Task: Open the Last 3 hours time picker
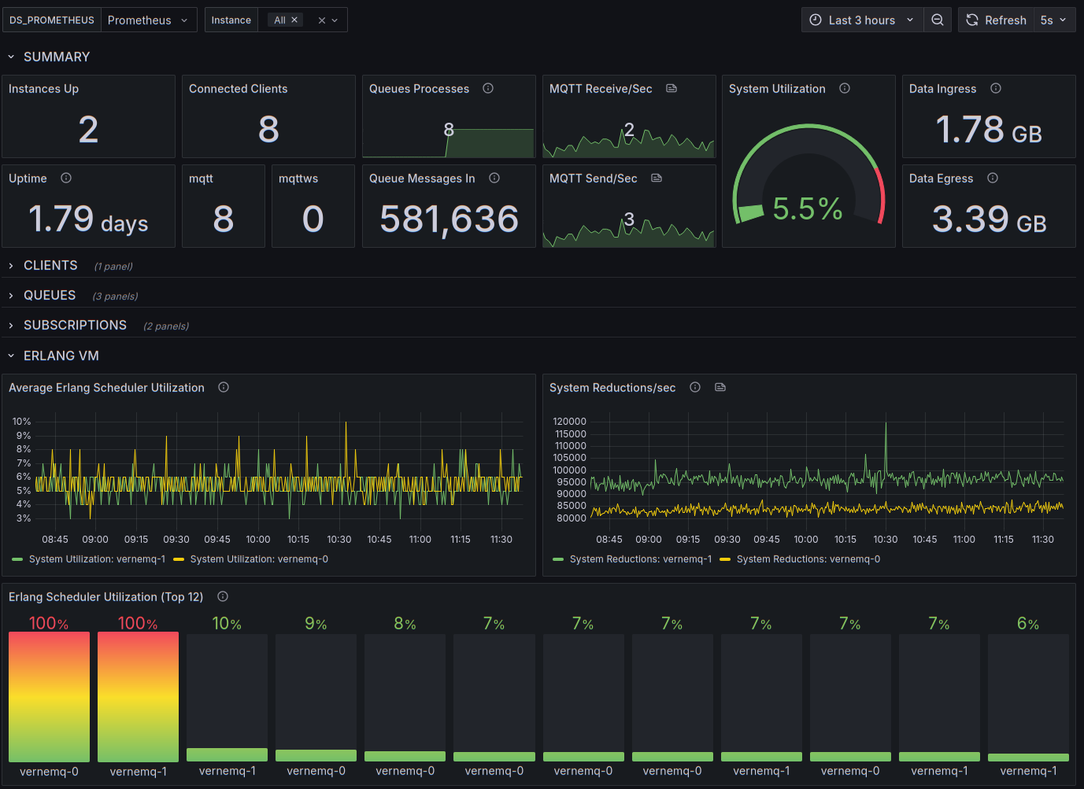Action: tap(862, 20)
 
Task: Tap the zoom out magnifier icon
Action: tap(938, 20)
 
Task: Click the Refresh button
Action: tap(996, 20)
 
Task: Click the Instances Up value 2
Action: tap(88, 130)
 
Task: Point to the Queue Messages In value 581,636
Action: tap(449, 219)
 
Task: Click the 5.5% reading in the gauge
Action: tap(808, 209)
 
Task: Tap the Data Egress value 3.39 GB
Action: tap(990, 219)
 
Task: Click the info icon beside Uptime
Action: tap(66, 178)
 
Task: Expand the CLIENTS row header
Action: tap(50, 265)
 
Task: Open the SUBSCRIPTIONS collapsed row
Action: tap(75, 325)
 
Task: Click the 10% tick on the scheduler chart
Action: tap(22, 421)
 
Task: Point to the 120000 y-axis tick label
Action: tap(570, 421)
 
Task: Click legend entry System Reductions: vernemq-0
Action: tap(801, 559)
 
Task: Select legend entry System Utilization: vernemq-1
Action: tap(88, 559)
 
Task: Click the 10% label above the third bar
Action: tap(227, 623)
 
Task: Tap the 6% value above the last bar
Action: tap(1028, 623)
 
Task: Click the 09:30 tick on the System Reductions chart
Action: tap(727, 539)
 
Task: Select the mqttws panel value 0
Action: tap(313, 219)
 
